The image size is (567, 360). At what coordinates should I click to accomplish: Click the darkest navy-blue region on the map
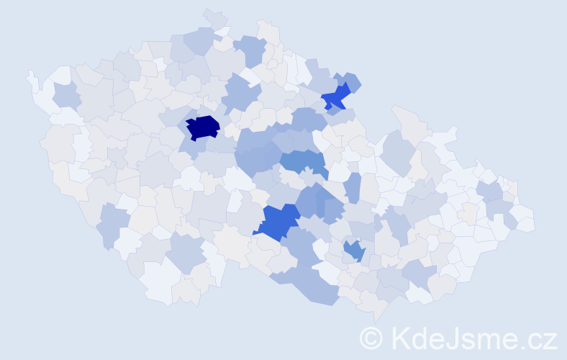point(202,127)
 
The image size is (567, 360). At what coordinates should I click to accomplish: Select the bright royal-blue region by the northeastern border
point(335,96)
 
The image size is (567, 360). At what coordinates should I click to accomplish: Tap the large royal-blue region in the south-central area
point(278,221)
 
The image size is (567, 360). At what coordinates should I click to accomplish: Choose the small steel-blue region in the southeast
point(354,250)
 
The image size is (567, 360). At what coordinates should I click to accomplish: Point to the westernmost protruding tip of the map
point(30,73)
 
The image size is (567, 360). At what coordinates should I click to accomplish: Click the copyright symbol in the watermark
point(371,338)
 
